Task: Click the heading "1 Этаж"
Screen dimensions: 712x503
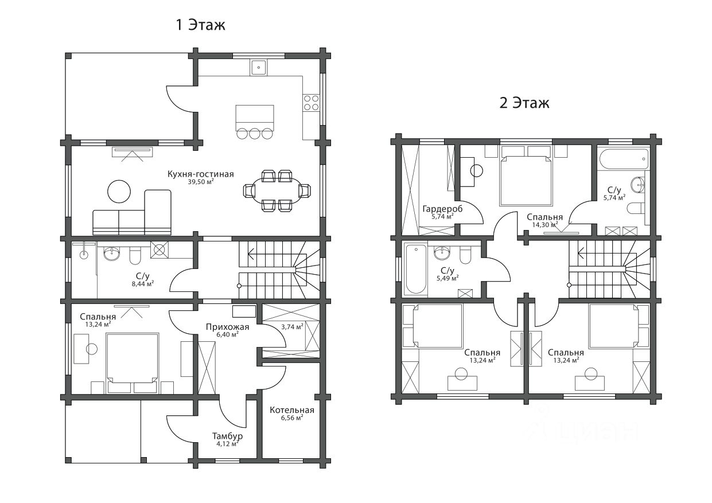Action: tap(201, 25)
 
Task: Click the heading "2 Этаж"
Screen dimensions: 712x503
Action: tap(524, 103)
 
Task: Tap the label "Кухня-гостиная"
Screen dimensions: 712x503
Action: tap(201, 174)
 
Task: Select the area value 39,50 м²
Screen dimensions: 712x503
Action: tap(201, 182)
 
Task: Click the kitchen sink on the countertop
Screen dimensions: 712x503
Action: tap(259, 67)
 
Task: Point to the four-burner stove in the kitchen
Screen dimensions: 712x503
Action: tap(311, 103)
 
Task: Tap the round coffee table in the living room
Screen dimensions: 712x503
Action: tap(119, 192)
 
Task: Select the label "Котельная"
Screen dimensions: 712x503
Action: tap(292, 410)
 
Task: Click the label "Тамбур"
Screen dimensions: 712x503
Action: tap(227, 436)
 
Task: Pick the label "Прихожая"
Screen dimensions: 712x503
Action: tap(227, 327)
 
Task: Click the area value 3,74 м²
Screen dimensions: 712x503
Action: tap(292, 327)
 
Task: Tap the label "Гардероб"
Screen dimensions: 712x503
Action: tap(442, 209)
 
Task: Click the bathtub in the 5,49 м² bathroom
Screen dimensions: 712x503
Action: tap(415, 269)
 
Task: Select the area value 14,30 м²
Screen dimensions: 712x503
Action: tap(545, 225)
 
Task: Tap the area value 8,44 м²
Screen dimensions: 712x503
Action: tap(143, 284)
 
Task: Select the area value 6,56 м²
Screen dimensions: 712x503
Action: tap(292, 418)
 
